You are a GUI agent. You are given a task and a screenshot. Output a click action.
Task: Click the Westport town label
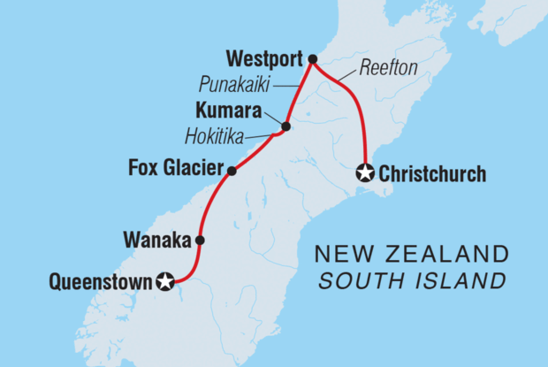[x=264, y=60]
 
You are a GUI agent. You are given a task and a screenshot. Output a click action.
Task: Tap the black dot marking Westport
[x=311, y=59]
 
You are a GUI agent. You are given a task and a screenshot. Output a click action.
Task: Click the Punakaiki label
[x=233, y=87]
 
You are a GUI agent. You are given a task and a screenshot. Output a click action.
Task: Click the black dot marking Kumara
[x=285, y=126]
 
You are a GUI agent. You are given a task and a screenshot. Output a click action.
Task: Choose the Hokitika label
[x=217, y=137]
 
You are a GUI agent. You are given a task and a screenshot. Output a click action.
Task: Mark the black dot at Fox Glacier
[x=231, y=171]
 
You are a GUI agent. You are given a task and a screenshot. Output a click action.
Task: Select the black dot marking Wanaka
[x=201, y=240]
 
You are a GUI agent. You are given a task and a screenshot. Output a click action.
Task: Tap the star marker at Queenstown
[x=165, y=282]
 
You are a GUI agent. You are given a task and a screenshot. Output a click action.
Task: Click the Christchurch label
[x=431, y=174]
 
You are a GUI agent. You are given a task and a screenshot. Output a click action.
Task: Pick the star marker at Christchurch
[x=364, y=173]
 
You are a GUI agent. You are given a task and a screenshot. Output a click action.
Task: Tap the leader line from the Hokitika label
[x=261, y=136]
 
